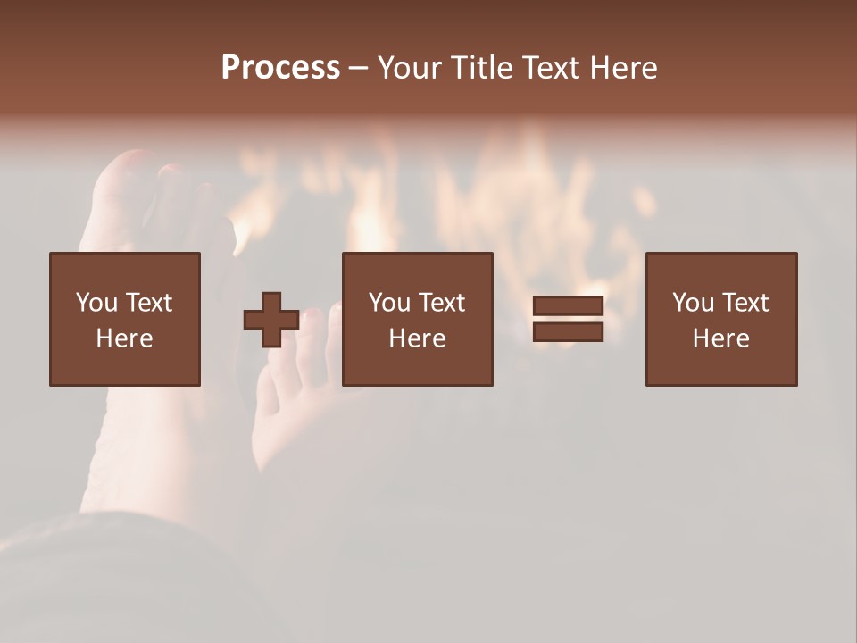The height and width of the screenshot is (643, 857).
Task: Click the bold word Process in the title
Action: [280, 68]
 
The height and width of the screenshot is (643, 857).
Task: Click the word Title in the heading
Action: [482, 68]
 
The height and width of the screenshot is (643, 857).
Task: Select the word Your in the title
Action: [412, 68]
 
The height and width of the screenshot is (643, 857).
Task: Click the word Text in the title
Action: [547, 68]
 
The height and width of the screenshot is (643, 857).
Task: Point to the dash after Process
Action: [358, 69]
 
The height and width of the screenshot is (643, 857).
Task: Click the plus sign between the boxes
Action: [271, 320]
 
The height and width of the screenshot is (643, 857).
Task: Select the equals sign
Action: [568, 320]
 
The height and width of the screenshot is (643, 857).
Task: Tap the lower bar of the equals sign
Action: [568, 332]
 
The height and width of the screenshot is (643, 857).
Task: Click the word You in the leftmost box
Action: [96, 303]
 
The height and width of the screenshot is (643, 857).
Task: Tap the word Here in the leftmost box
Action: [124, 338]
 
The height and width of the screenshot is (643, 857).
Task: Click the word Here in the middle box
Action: [417, 338]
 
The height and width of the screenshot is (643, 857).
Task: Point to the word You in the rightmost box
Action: [693, 303]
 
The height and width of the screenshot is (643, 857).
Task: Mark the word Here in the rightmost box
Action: [720, 338]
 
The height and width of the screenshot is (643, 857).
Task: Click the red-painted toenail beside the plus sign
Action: [312, 315]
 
